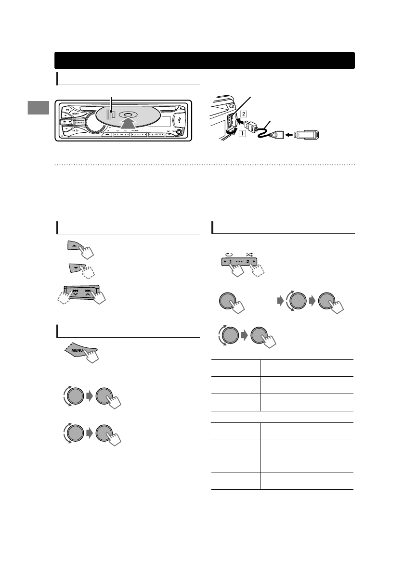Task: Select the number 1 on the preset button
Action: (x=231, y=263)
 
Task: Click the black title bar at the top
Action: (x=205, y=61)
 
